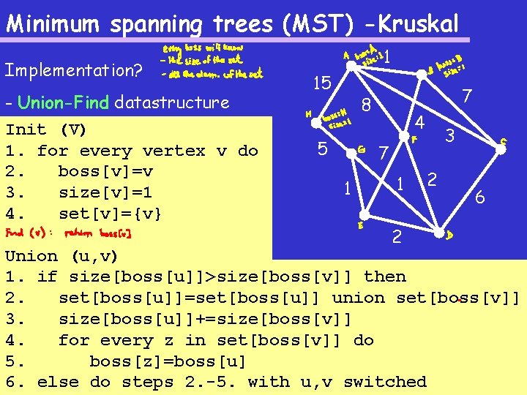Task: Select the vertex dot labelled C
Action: click(x=501, y=149)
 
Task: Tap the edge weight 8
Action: click(x=367, y=106)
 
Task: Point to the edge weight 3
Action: click(x=450, y=135)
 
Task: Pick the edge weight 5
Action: click(x=322, y=148)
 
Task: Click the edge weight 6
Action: click(x=480, y=197)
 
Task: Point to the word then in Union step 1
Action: click(x=384, y=276)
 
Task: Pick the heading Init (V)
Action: click(x=46, y=129)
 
